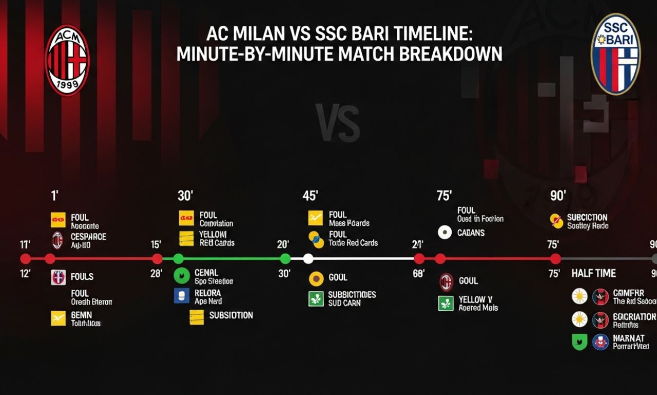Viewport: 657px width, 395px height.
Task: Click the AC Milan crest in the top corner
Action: click(x=67, y=60)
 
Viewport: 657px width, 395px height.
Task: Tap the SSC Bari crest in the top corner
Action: click(x=615, y=54)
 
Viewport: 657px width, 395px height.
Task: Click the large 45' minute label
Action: click(x=311, y=196)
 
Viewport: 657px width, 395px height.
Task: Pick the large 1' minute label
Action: click(x=54, y=196)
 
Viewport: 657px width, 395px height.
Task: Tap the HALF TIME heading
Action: click(x=593, y=273)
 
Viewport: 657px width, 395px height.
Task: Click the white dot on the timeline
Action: click(x=308, y=259)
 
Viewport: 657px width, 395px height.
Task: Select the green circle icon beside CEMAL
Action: click(x=182, y=276)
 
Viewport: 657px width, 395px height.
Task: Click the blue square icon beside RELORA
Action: click(x=182, y=295)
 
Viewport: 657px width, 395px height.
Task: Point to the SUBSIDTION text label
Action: click(x=231, y=315)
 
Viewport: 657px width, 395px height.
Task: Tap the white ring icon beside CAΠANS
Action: click(x=445, y=233)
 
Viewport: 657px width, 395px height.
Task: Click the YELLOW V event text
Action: click(x=476, y=299)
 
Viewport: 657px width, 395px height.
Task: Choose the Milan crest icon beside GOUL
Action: click(x=446, y=282)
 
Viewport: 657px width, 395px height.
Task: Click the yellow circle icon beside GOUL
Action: click(x=316, y=278)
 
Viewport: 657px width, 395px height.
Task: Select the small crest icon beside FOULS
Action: click(x=59, y=277)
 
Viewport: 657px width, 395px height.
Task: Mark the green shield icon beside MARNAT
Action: click(x=579, y=342)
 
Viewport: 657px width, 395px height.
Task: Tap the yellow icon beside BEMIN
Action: click(x=59, y=318)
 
